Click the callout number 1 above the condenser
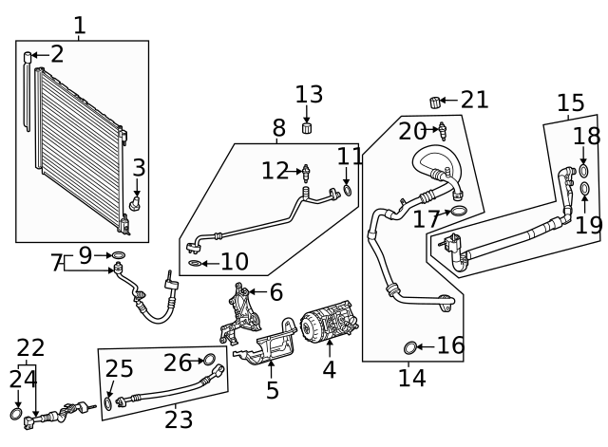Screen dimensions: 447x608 click(80, 26)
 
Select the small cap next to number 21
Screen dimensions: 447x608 click(437, 102)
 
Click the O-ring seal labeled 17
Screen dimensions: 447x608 click(457, 211)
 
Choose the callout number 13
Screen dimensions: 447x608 click(309, 95)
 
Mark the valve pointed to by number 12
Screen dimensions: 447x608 click(306, 172)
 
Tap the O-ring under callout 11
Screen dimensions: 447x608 click(348, 191)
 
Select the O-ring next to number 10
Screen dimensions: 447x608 click(194, 263)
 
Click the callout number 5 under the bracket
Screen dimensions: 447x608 click(273, 390)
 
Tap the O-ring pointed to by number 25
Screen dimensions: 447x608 click(109, 403)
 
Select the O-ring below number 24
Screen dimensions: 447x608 click(16, 415)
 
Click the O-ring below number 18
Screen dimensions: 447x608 click(583, 166)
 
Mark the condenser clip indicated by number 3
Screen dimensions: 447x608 click(136, 202)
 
